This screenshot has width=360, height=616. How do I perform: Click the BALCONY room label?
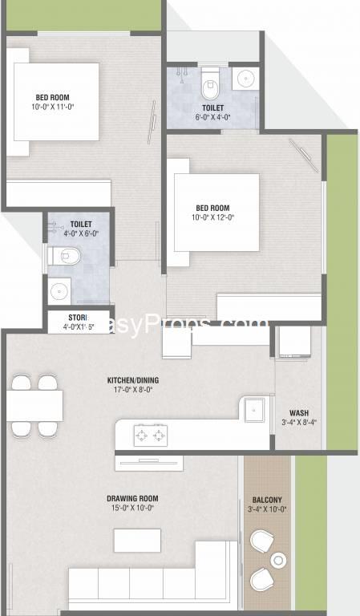pyautogui.click(x=267, y=499)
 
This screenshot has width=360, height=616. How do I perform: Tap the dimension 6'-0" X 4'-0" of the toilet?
pyautogui.click(x=213, y=117)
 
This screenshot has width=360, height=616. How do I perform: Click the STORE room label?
pyautogui.click(x=79, y=318)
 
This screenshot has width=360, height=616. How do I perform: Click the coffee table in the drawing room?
pyautogui.click(x=137, y=540)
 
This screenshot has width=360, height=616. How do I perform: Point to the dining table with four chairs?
pyautogui.click(x=35, y=405)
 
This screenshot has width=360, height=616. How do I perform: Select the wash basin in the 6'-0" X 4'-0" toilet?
pyautogui.click(x=245, y=79)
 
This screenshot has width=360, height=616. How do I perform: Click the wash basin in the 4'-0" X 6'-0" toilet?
pyautogui.click(x=59, y=290)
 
